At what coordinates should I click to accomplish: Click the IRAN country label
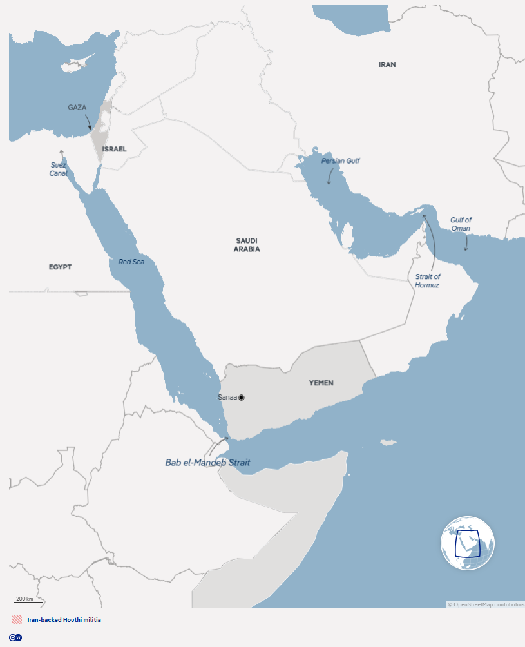tap(387, 64)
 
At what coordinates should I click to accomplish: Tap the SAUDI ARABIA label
tap(247, 244)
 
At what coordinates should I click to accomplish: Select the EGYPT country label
tap(60, 267)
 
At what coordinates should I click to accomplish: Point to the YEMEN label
tap(321, 383)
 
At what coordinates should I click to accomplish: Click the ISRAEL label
tap(114, 149)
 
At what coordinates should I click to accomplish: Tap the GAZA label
tap(77, 108)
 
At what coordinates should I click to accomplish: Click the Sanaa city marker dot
tap(242, 398)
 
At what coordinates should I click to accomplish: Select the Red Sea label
tap(131, 262)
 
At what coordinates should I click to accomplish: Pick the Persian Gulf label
tap(340, 160)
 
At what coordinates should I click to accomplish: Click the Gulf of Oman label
tap(461, 224)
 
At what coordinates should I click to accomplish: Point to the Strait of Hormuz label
tap(427, 280)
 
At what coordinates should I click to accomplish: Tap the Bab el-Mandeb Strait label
tap(207, 463)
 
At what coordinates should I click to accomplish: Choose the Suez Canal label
tap(58, 169)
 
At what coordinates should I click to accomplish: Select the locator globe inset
tap(468, 543)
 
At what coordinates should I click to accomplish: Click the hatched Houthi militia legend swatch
tap(17, 620)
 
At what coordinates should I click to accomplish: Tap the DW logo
tap(16, 637)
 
